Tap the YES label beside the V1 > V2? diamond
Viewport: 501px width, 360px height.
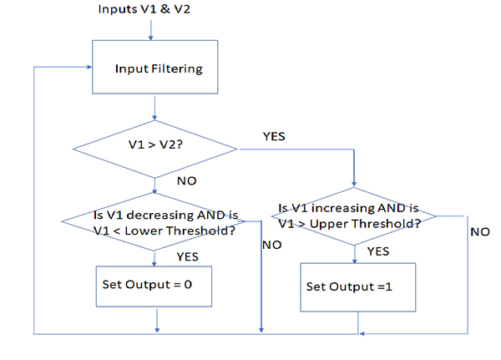(275, 134)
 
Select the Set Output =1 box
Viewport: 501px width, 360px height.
(358, 286)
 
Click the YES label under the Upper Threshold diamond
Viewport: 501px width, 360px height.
(378, 251)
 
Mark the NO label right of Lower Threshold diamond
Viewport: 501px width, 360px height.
(271, 246)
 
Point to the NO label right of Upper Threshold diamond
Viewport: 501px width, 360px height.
(479, 231)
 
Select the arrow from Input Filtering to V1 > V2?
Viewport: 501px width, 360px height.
(155, 108)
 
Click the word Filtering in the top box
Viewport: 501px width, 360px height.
(178, 68)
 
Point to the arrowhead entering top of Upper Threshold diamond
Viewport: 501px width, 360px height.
(357, 189)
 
